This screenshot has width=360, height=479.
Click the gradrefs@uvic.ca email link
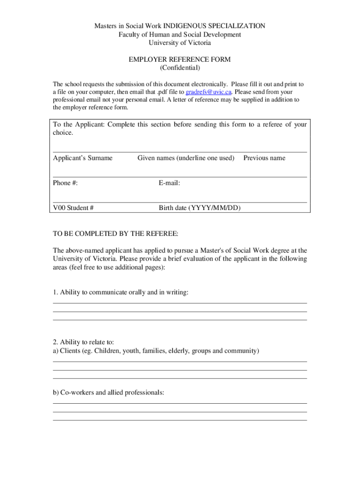click(x=209, y=92)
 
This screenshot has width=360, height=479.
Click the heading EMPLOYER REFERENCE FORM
click(x=180, y=59)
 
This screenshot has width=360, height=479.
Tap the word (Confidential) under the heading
click(x=180, y=68)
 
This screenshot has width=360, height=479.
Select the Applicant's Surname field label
click(x=83, y=158)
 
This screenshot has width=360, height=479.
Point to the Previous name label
click(x=264, y=158)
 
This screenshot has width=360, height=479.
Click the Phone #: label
click(x=65, y=183)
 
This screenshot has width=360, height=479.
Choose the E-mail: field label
click(x=169, y=183)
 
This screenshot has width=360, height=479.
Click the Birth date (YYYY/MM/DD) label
click(x=200, y=208)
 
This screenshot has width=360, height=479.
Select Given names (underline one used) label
click(x=186, y=158)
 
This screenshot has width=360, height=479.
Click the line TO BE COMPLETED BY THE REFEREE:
click(x=115, y=233)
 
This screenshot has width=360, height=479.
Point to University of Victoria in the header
click(x=180, y=43)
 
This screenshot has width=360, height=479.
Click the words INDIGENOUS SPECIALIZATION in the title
click(x=216, y=26)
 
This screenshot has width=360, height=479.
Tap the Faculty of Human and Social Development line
click(x=180, y=35)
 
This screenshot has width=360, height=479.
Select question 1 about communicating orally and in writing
click(x=121, y=292)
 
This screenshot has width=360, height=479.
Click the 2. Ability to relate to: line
click(x=84, y=342)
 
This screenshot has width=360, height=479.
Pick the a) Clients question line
click(x=156, y=351)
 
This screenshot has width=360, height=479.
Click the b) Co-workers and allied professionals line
click(x=108, y=392)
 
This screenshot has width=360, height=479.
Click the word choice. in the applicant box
click(x=63, y=133)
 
